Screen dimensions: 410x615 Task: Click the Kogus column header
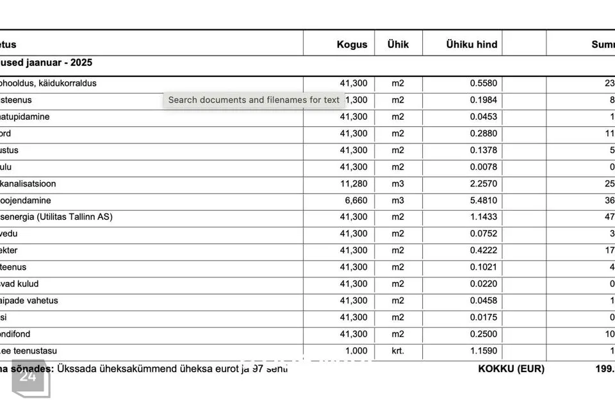[352, 44]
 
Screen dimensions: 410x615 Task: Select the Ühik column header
[398, 44]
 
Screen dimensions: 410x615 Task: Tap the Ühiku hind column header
[471, 44]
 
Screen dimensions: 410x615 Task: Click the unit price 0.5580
[483, 83]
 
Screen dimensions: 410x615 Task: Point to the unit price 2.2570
[483, 184]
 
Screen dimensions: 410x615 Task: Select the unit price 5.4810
[483, 201]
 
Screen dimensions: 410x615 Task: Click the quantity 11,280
[354, 184]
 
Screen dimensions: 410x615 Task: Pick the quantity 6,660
[356, 201]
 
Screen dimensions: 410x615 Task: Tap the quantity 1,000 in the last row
[356, 351]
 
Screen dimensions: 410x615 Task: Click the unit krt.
[398, 351]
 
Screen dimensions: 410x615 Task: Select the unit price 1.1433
[483, 217]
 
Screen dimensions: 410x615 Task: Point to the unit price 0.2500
[483, 334]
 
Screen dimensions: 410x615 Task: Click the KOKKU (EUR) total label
[511, 369]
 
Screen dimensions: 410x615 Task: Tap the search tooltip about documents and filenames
[254, 100]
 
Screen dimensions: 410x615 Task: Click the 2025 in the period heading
[80, 63]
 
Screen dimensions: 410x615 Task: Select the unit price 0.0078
[483, 167]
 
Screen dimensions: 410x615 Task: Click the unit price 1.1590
[483, 351]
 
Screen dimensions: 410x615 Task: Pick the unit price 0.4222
[483, 250]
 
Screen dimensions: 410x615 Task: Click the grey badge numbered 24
[28, 377]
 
